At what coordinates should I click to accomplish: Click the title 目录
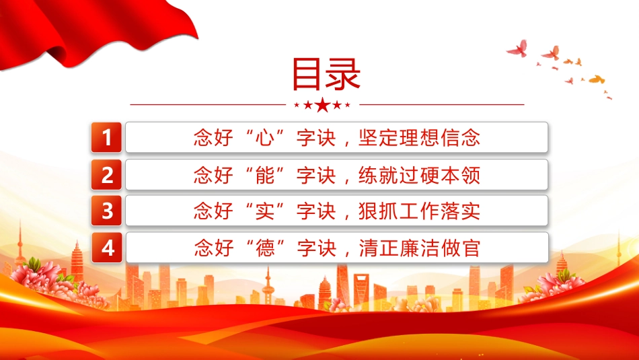tap(326, 74)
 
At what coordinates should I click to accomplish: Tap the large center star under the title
tap(323, 105)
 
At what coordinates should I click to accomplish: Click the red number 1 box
tap(106, 137)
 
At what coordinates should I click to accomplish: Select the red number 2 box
tap(106, 174)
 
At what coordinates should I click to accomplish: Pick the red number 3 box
tap(106, 211)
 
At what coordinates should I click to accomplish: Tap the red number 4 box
tap(107, 248)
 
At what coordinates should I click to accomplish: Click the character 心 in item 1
tap(265, 137)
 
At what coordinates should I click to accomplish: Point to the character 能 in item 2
tap(265, 175)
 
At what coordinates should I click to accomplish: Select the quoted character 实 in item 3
tap(265, 211)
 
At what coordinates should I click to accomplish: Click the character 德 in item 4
tap(265, 248)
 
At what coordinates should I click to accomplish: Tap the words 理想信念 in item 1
tap(440, 137)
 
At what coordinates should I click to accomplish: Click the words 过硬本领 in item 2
tap(440, 175)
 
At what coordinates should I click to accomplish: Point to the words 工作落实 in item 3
tap(440, 211)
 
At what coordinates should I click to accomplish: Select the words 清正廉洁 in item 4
tap(400, 248)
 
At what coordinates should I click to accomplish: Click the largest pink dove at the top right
tap(517, 48)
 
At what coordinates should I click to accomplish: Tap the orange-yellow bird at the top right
tap(597, 79)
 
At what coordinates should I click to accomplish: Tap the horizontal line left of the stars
tap(208, 105)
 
